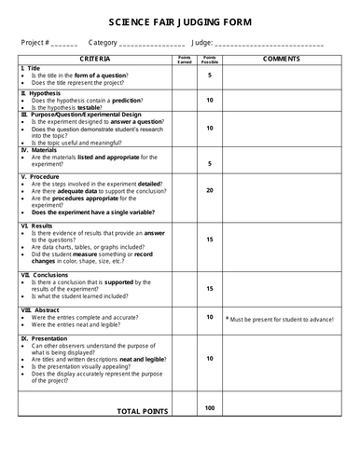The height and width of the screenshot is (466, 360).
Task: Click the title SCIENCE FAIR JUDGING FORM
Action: [180, 21]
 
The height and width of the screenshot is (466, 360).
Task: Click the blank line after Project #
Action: [65, 45]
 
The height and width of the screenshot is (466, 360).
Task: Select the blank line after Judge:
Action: [270, 45]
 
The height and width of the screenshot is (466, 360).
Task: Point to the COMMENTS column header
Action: [282, 60]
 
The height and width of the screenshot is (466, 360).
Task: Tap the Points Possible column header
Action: [210, 60]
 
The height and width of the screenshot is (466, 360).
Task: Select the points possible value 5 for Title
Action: [210, 75]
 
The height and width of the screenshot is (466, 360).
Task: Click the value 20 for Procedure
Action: [210, 190]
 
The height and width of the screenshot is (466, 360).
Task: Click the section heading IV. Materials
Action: [38, 149]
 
